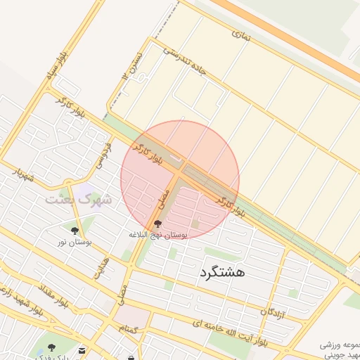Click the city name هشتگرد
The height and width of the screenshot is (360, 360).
pyautogui.click(x=221, y=272)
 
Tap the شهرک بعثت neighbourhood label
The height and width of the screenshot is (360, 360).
pyautogui.click(x=79, y=200)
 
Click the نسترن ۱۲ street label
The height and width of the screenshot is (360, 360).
pyautogui.click(x=136, y=64)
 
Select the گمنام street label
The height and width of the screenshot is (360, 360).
pyautogui.click(x=127, y=328)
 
